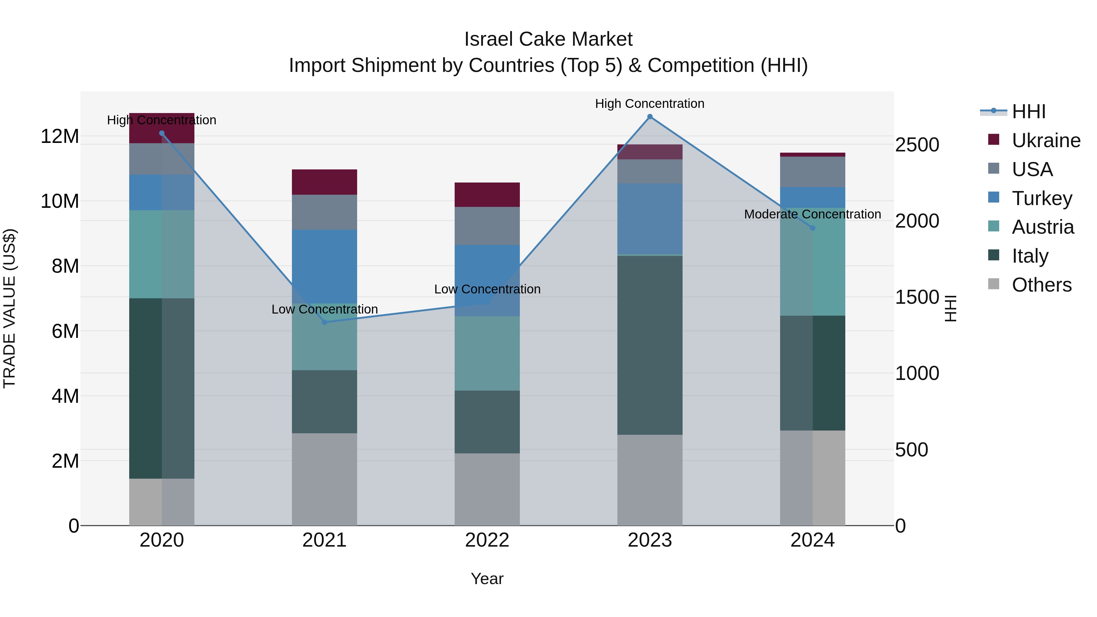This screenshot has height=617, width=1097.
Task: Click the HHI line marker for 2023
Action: click(x=650, y=117)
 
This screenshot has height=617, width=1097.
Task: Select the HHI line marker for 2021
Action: click(x=325, y=322)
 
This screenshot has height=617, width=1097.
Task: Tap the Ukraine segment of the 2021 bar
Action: click(x=325, y=182)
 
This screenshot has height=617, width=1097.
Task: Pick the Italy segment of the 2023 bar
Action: click(x=650, y=345)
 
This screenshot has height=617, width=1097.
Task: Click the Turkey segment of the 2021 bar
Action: click(x=325, y=266)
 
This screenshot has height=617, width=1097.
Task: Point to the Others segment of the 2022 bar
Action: click(x=487, y=489)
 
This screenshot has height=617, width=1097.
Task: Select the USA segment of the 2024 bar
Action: click(x=812, y=172)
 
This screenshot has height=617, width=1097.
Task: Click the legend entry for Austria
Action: click(x=1042, y=227)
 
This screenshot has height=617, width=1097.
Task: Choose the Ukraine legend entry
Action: click(x=1046, y=140)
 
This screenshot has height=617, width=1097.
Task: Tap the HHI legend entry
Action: click(x=1028, y=112)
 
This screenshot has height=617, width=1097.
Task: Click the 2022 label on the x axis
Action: click(x=487, y=540)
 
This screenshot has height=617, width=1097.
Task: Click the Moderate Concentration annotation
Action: click(x=812, y=214)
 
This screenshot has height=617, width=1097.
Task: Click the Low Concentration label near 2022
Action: click(x=487, y=289)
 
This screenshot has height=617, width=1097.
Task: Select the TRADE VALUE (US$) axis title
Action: click(x=9, y=308)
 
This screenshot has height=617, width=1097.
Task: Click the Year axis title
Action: click(x=487, y=579)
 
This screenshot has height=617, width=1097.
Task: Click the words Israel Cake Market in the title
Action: click(x=548, y=39)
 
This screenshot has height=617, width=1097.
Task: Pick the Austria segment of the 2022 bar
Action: click(x=487, y=353)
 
